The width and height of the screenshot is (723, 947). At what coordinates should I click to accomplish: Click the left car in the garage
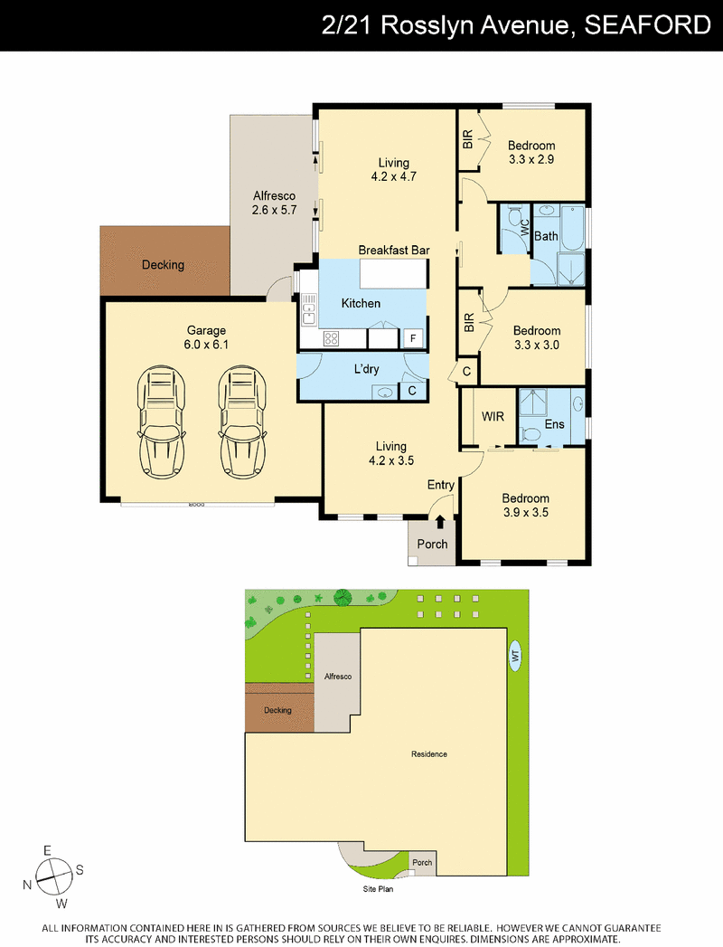click(x=161, y=422)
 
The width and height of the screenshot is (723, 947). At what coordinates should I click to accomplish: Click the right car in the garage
click(x=242, y=422)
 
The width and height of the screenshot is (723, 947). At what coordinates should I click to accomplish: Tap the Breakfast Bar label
click(x=394, y=250)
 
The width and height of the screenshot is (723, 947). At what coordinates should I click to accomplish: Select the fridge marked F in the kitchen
click(x=413, y=338)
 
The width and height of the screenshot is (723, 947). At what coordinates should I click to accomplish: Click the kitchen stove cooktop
click(x=332, y=338)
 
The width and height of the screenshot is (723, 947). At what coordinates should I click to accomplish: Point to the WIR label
click(x=493, y=416)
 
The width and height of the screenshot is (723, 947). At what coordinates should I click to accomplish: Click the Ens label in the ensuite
click(x=554, y=424)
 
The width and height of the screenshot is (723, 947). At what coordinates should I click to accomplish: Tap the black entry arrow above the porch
click(x=440, y=523)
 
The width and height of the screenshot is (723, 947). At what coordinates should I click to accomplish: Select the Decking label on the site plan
click(x=277, y=710)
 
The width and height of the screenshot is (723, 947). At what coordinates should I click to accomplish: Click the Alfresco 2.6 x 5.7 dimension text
click(x=274, y=210)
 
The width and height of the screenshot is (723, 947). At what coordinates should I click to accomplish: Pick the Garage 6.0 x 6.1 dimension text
click(x=206, y=345)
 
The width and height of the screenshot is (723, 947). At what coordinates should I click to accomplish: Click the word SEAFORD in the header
click(x=648, y=25)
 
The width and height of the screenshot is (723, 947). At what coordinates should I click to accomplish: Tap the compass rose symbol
click(x=53, y=877)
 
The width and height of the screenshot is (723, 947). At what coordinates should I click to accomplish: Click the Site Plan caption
click(x=378, y=889)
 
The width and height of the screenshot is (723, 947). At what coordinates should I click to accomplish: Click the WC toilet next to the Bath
click(x=514, y=218)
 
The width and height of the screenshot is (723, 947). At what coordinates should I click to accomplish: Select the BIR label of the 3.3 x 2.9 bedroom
click(x=468, y=140)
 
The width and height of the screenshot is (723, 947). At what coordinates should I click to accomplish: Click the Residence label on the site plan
click(x=429, y=753)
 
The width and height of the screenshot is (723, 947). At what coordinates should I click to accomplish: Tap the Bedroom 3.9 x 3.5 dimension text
click(x=526, y=513)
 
